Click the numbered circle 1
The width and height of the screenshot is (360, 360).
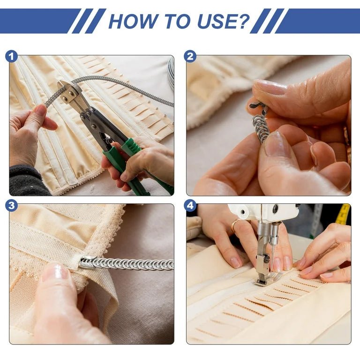tap(11, 56)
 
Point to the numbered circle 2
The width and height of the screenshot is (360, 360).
tap(190, 56)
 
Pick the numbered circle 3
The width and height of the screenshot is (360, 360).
tap(11, 205)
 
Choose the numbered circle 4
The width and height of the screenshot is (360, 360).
tap(190, 205)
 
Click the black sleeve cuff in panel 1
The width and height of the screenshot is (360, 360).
tap(25, 181)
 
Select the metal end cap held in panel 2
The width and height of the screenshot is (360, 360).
tap(258, 108)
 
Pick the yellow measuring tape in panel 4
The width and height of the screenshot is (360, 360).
tap(343, 214)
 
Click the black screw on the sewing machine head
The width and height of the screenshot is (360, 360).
tap(275, 209)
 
